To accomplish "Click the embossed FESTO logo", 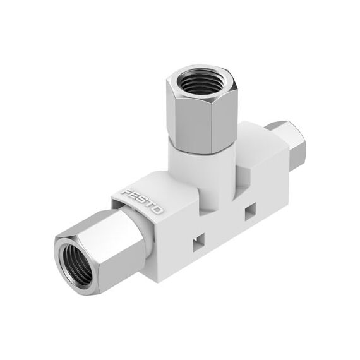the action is (x=142, y=201).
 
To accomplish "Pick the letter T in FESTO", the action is (x=150, y=205).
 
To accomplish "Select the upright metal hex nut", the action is (x=201, y=109).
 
